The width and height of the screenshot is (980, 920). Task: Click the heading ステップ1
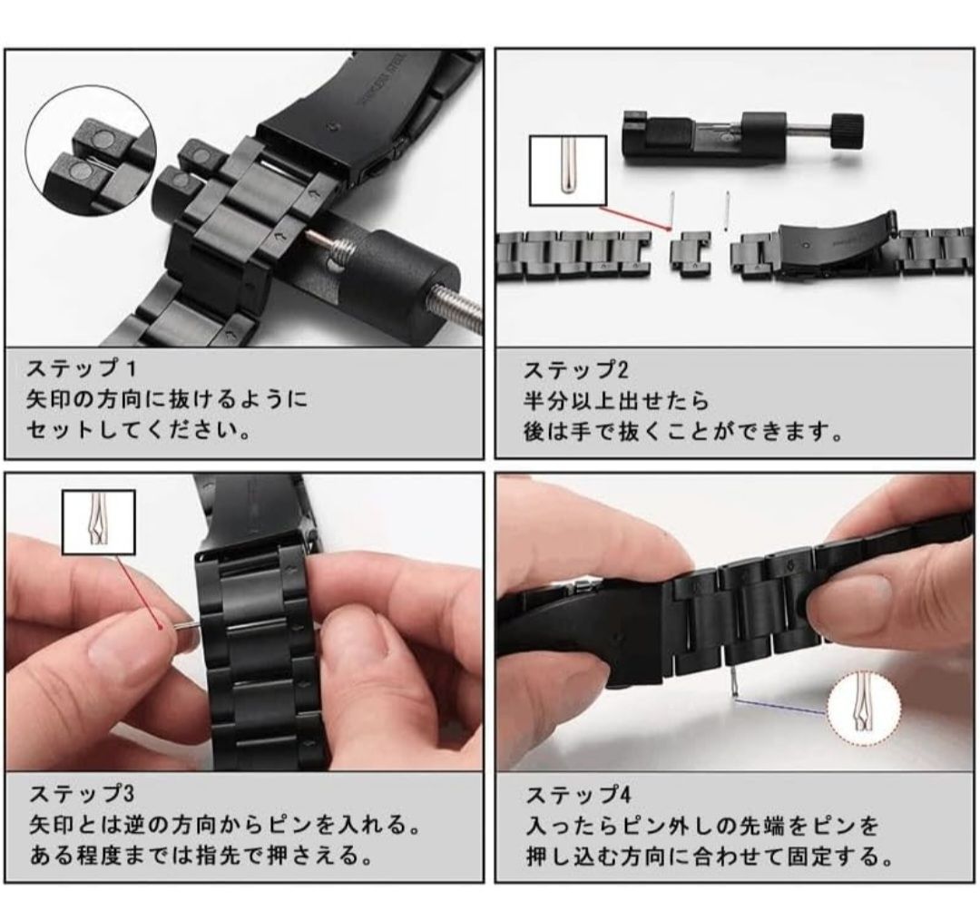81,367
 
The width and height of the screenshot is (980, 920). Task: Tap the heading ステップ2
575,369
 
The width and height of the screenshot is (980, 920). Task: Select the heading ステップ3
82,794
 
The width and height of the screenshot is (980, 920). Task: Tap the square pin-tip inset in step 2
568,171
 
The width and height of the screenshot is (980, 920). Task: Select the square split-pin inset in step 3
99,522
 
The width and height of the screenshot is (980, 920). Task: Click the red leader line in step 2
634,218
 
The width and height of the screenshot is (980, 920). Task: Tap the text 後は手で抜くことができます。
683,431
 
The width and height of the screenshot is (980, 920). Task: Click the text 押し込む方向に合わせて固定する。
710,856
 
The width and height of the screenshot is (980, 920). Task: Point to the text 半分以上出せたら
616,400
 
